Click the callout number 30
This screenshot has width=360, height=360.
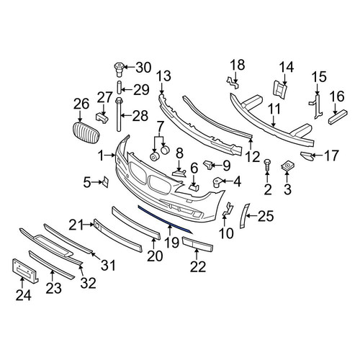[x=143, y=68]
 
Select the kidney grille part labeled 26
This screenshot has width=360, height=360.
[x=86, y=133]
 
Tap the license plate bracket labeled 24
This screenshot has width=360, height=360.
[x=24, y=271]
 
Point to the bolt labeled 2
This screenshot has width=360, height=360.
[x=267, y=165]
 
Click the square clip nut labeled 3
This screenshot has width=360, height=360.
[x=287, y=166]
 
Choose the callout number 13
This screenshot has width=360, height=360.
[x=164, y=76]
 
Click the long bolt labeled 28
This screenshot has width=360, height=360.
[x=118, y=114]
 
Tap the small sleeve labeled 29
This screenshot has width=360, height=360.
[x=120, y=87]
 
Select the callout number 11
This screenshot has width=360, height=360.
[x=274, y=109]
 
